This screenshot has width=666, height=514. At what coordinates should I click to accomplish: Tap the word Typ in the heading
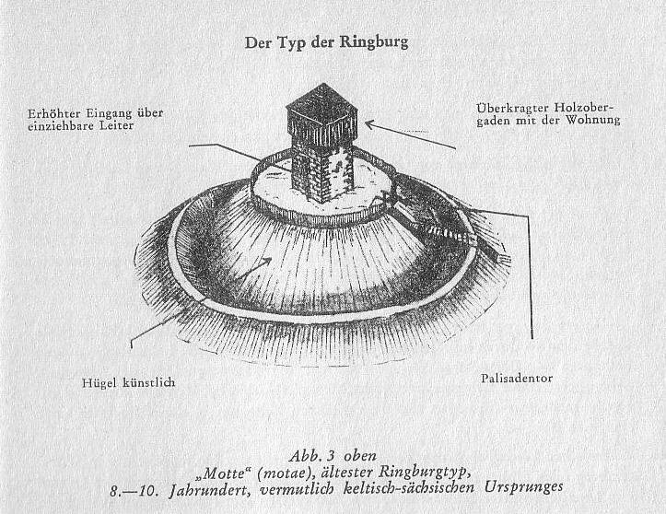pyautogui.click(x=294, y=43)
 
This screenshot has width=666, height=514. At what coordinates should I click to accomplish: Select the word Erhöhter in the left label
pyautogui.click(x=54, y=113)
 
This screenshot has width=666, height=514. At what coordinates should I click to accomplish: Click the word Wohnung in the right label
pyautogui.click(x=593, y=121)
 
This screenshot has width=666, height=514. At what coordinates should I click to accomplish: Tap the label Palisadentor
pyautogui.click(x=517, y=378)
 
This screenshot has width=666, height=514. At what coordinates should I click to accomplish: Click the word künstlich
pyautogui.click(x=149, y=382)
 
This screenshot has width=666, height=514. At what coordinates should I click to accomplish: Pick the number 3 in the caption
pyautogui.click(x=331, y=456)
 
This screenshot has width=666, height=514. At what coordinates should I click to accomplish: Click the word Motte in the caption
pyautogui.click(x=225, y=473)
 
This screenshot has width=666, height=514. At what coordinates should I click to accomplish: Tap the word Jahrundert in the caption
pyautogui.click(x=209, y=490)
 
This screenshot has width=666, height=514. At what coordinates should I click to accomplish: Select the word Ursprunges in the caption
pyautogui.click(x=523, y=487)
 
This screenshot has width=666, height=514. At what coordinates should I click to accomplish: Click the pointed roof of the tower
pyautogui.click(x=323, y=97)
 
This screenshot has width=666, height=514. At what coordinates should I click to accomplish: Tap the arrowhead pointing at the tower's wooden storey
pyautogui.click(x=368, y=123)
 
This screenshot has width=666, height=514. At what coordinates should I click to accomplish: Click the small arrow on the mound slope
pyautogui.click(x=253, y=268)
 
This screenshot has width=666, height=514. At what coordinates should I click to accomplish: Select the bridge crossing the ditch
pyautogui.click(x=450, y=231)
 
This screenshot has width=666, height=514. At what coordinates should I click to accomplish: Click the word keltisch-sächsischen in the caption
pyautogui.click(x=409, y=488)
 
